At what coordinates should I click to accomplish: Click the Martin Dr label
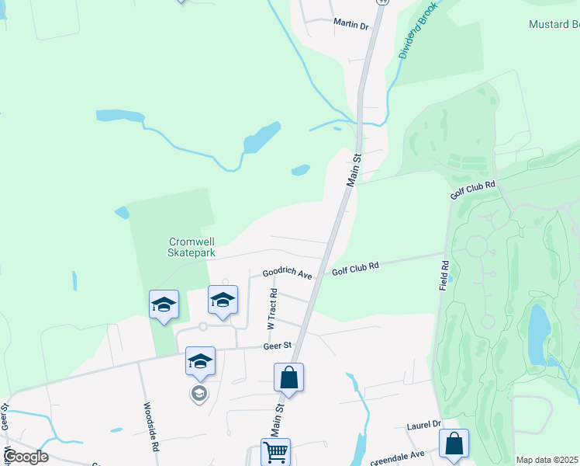tap(350, 25)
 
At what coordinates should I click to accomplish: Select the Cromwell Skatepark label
tap(192, 247)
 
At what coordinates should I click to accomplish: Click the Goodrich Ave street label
tap(287, 274)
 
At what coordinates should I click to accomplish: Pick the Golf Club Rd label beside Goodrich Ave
tap(355, 266)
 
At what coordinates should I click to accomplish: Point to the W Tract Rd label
tap(274, 307)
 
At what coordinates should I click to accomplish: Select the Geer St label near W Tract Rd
tap(276, 346)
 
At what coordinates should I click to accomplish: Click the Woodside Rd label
tap(151, 426)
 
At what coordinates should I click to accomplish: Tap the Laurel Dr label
tap(423, 426)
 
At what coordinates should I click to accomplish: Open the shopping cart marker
tap(275, 453)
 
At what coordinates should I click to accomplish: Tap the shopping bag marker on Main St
tap(288, 378)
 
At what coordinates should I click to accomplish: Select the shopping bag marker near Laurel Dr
tap(454, 444)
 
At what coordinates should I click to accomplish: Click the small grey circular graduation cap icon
tap(199, 394)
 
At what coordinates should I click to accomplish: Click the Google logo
tap(26, 457)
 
